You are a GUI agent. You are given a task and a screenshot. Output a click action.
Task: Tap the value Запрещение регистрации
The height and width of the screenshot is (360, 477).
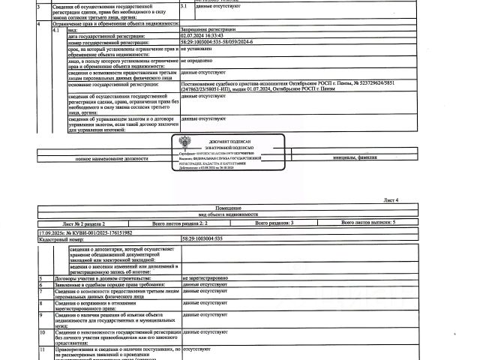[203, 28]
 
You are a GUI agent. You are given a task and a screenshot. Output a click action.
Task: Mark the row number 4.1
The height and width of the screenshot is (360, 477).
[52, 28]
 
